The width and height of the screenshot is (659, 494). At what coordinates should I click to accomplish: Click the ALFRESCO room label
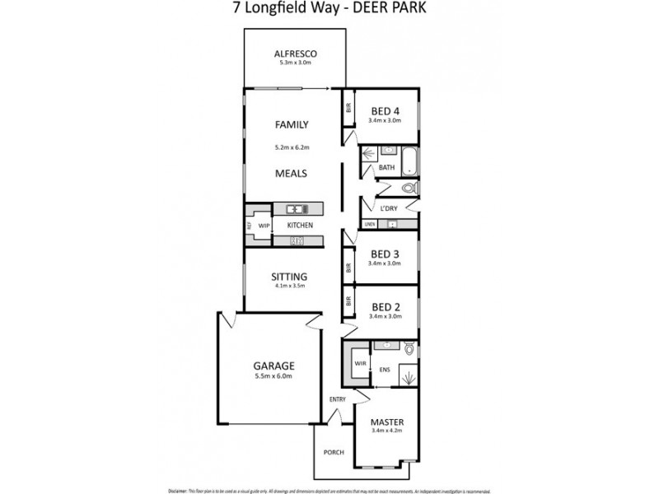pyautogui.click(x=295, y=55)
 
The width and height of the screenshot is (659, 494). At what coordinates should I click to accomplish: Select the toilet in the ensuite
pyautogui.click(x=408, y=349)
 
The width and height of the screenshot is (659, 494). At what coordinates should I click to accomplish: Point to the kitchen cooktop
pyautogui.click(x=296, y=240)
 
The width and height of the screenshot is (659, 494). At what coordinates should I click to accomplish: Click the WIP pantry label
pyautogui.click(x=264, y=225)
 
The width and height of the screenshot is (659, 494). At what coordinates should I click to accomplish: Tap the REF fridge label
pyautogui.click(x=247, y=225)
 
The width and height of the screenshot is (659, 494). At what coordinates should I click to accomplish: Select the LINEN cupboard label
pyautogui.click(x=370, y=224)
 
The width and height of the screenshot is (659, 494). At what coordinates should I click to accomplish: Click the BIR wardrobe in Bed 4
pyautogui.click(x=348, y=107)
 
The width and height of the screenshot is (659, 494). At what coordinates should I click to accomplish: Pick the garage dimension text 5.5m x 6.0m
pyautogui.click(x=273, y=376)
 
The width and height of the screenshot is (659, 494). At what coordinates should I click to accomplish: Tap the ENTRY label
pyautogui.click(x=338, y=399)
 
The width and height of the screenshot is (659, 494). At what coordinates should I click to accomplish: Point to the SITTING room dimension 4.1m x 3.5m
pyautogui.click(x=289, y=287)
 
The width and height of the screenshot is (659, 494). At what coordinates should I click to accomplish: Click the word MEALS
pyautogui.click(x=292, y=174)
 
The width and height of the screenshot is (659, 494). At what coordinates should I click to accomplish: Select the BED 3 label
pyautogui.click(x=385, y=254)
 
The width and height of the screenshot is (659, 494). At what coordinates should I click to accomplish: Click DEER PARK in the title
pyautogui.click(x=392, y=10)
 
